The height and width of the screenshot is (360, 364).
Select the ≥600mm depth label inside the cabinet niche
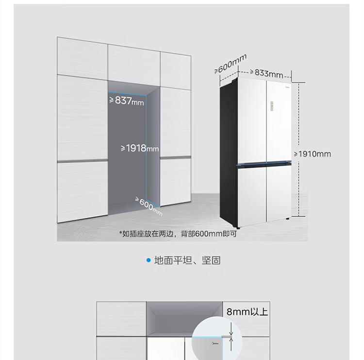149,205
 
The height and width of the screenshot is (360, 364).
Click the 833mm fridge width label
268,73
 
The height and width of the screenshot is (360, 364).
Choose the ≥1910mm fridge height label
312,154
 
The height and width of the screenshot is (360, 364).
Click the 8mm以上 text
247,311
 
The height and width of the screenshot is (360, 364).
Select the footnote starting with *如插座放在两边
178,234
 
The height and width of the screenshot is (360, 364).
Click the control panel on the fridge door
272,106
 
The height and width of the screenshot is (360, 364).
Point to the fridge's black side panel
228,151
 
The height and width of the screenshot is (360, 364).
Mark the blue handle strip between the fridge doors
265,165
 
